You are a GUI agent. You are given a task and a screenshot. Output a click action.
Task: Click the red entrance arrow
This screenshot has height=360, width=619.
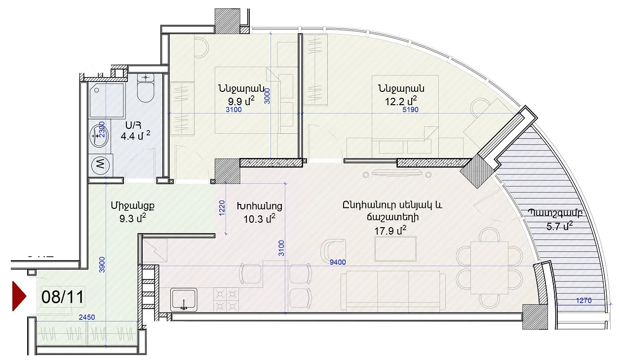pyautogui.click(x=19, y=296)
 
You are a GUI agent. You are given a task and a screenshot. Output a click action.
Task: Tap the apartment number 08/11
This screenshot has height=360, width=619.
pyautogui.click(x=63, y=297)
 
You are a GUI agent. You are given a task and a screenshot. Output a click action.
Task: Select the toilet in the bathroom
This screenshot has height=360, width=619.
pyautogui.click(x=146, y=88)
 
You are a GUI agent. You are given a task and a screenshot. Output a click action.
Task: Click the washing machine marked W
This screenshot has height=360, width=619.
pyautogui.click(x=101, y=165)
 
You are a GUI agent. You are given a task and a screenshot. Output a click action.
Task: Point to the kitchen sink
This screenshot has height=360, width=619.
pyautogui.click(x=184, y=299)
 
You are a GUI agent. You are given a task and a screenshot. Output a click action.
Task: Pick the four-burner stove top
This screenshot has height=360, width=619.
pyautogui.click(x=226, y=300)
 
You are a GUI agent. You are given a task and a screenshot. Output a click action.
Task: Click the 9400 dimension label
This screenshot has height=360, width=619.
pyautogui.click(x=338, y=262)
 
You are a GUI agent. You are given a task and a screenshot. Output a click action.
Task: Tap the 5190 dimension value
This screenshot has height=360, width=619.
pyautogui.click(x=410, y=110)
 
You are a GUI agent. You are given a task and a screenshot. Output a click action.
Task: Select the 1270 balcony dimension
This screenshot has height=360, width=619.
pyautogui.click(x=583, y=300)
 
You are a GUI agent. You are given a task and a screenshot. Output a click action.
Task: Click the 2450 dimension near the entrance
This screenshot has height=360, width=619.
pyautogui.click(x=87, y=317)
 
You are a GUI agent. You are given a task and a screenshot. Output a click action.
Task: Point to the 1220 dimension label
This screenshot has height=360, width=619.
pyautogui.click(x=222, y=208)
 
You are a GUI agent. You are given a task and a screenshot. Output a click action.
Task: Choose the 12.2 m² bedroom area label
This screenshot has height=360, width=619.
pyautogui.click(x=401, y=101)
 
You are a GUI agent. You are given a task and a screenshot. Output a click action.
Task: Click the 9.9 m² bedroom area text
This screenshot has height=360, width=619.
pyautogui.click(x=240, y=101)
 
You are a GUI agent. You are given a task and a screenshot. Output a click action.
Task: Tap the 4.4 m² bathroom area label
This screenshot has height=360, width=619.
pyautogui.click(x=135, y=135)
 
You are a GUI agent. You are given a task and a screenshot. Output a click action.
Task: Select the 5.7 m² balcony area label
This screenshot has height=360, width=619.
pyautogui.click(x=560, y=226)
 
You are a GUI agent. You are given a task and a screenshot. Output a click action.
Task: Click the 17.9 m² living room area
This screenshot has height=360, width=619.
pyautogui.click(x=390, y=230)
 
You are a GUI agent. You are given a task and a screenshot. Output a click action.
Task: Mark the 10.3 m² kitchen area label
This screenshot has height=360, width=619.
pyautogui.click(x=259, y=218)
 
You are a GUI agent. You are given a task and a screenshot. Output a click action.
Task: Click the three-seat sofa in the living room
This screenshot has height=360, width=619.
pyautogui.click(x=393, y=291)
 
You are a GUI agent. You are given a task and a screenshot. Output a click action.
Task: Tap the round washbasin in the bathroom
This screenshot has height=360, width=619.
pyautogui.click(x=99, y=136)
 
